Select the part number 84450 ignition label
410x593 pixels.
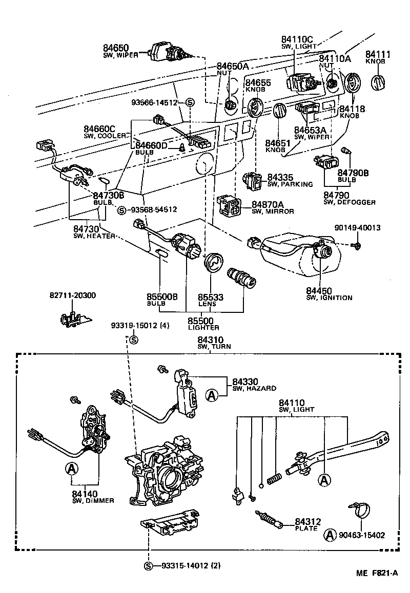(319, 290)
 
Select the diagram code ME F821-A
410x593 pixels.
(378, 574)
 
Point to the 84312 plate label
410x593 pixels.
(306, 521)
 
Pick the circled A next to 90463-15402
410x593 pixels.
(331, 536)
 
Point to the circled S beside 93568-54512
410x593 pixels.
(122, 209)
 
